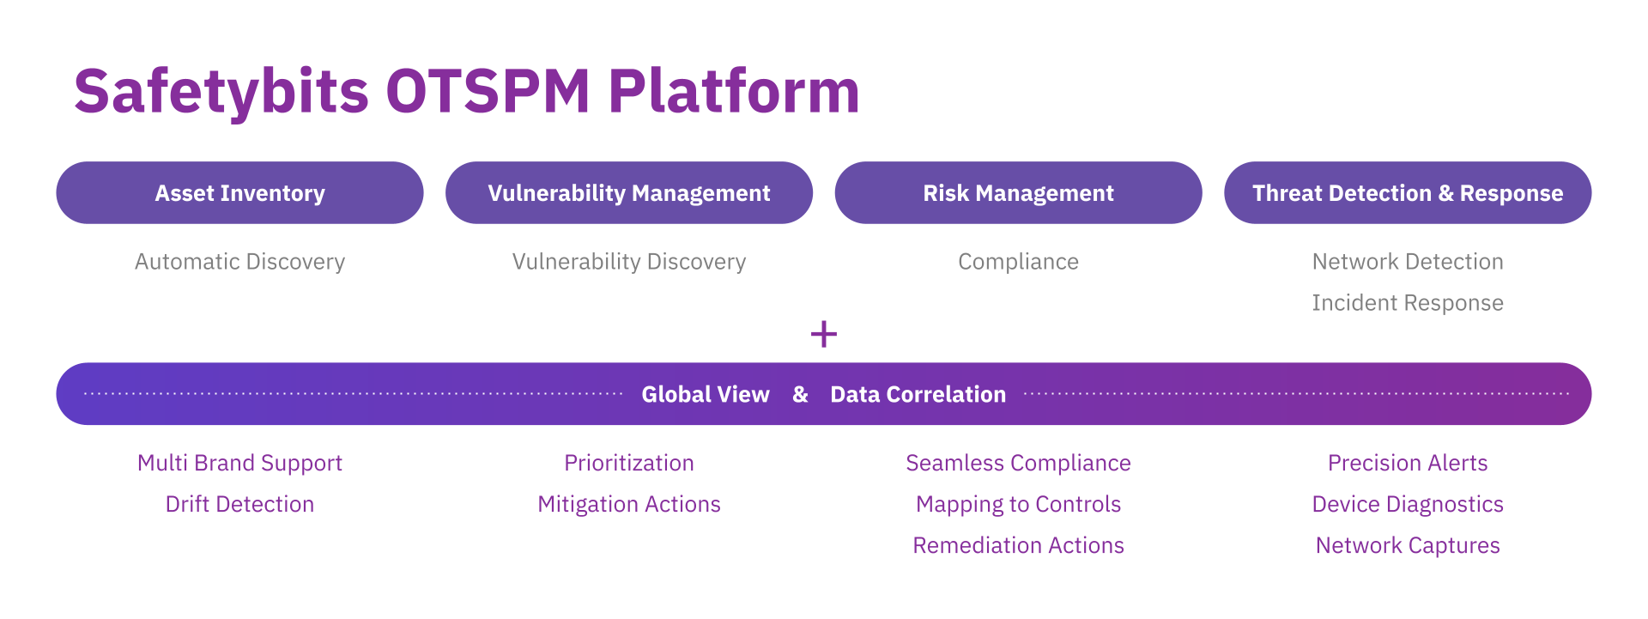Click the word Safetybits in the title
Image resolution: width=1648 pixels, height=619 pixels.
click(221, 91)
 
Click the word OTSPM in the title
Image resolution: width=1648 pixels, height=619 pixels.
click(488, 91)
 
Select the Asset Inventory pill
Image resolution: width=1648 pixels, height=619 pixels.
click(239, 193)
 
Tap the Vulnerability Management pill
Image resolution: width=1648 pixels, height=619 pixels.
click(628, 193)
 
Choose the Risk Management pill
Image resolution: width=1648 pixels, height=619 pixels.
click(1018, 193)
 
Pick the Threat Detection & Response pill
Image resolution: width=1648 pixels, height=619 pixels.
click(1408, 193)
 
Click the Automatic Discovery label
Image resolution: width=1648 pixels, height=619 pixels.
click(239, 262)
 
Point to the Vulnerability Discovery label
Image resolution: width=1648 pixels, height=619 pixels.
click(628, 262)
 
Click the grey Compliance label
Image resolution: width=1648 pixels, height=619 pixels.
click(1018, 262)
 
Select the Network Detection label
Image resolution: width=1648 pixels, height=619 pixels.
click(1408, 262)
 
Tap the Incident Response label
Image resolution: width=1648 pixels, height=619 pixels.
click(1408, 303)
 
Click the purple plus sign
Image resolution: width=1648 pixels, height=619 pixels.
click(824, 334)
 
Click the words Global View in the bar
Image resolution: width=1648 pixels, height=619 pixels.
click(706, 394)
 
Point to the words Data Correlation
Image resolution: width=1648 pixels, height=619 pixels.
click(918, 394)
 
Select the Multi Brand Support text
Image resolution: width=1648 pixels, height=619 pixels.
click(239, 464)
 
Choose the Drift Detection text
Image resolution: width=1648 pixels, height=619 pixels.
click(239, 504)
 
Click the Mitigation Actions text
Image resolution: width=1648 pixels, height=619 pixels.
click(628, 504)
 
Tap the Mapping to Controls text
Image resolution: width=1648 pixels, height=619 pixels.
click(1018, 504)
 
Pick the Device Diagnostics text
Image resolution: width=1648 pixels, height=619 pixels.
click(1408, 504)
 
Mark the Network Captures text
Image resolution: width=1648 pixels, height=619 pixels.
click(1408, 545)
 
